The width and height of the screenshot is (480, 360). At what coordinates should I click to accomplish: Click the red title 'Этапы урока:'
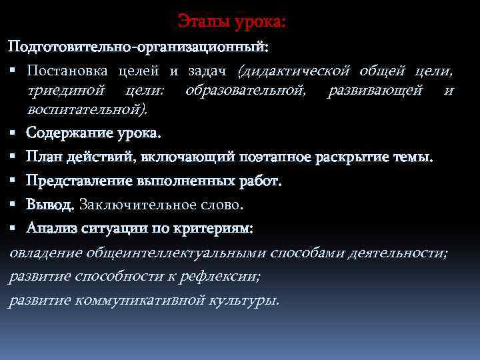coord(232,23)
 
